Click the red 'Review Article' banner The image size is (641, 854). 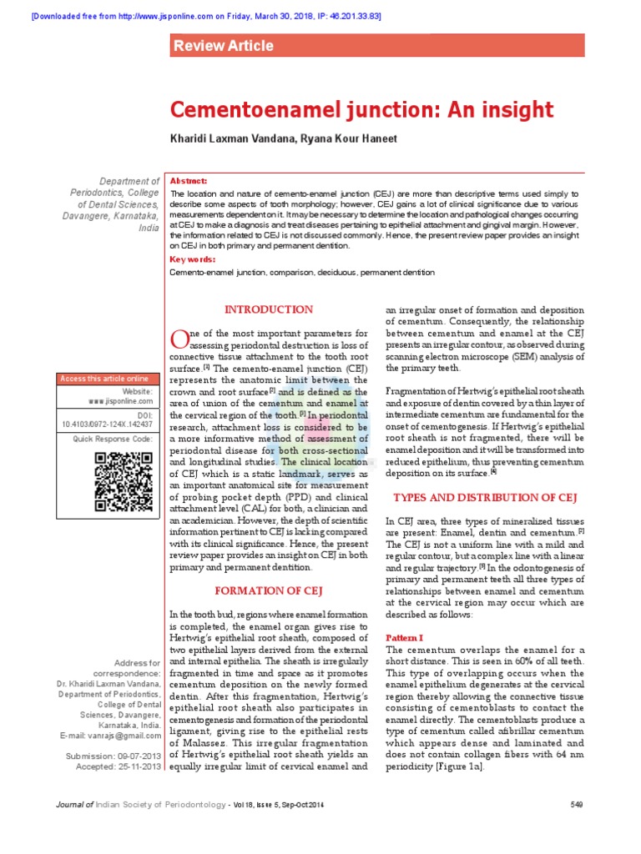376,45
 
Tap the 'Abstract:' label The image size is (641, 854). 188,181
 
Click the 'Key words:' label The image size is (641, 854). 192,259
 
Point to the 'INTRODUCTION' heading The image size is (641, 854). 269,309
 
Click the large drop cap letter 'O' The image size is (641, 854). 179,339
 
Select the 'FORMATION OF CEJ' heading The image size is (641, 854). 269,591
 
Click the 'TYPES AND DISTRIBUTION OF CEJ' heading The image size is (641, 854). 485,498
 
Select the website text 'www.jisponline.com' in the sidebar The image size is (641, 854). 120,401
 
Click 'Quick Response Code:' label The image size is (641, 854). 113,438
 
